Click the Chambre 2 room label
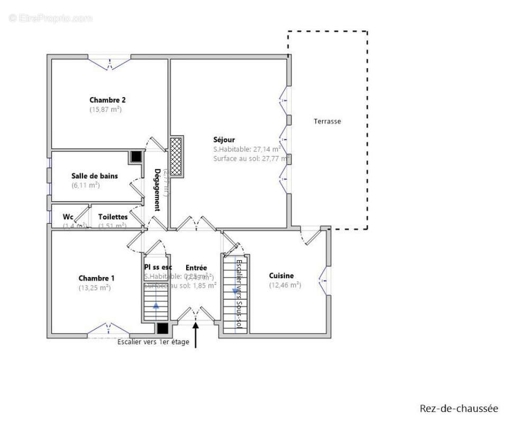pos(107,100)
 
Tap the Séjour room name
pos(224,140)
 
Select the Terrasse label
pos(327,121)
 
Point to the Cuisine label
pos(281,275)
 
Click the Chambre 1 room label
pos(96,278)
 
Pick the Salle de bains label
pos(95,176)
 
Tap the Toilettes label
pos(113,217)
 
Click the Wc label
pos(68,217)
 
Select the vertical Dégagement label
pos(157,190)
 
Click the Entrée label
pos(196,268)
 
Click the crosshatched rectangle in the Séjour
pos(176,156)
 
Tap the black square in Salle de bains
pos(136,157)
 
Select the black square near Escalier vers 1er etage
pos(163,328)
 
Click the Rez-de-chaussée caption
pos(459,408)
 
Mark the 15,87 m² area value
pos(106,109)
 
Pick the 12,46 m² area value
pos(285,285)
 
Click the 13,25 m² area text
pos(95,288)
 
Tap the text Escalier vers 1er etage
pos(153,342)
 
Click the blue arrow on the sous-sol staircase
pos(235,291)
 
